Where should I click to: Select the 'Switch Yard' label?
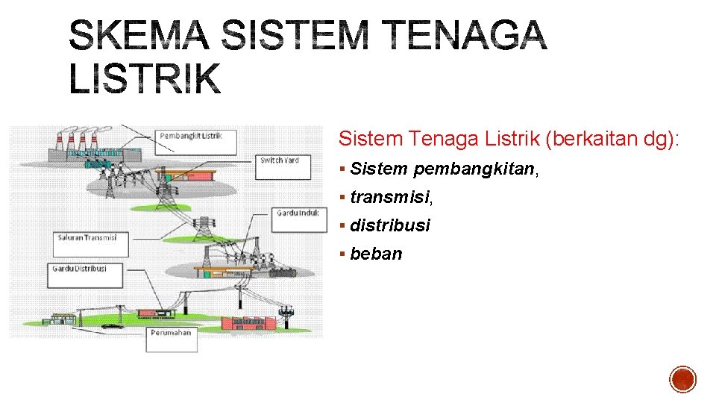point(280,161)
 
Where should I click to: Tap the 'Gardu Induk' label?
point(298,213)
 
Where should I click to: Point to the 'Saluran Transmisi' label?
point(90,239)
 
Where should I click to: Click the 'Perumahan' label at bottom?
point(171,333)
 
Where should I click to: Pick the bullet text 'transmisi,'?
point(391,197)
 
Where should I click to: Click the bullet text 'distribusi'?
point(390,225)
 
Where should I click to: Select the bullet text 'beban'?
point(376,254)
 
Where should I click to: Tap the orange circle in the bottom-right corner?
point(682,379)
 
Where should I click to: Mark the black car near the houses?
point(112,325)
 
